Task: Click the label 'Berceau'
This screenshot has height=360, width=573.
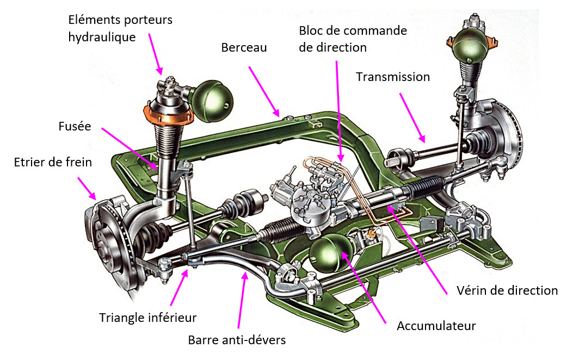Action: [244, 47]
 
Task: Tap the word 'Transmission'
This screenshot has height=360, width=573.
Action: [392, 77]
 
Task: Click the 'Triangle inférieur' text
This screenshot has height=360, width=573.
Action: [147, 317]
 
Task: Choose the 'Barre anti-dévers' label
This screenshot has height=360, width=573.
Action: [237, 340]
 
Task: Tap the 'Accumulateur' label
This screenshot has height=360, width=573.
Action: [436, 326]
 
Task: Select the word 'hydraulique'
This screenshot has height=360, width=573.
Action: [102, 37]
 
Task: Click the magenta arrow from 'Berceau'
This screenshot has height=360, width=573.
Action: [264, 91]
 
